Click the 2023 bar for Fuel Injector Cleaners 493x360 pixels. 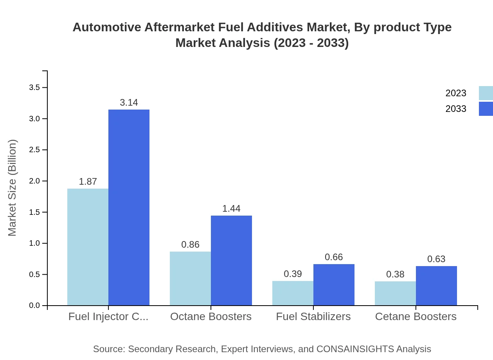coord(88,247)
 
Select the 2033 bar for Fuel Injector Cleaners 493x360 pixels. coord(129,207)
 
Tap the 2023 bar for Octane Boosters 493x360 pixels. coord(190,278)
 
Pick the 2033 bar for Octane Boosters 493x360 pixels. coord(231,260)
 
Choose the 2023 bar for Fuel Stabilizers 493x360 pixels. coord(293,293)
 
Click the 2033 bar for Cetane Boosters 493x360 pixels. coord(436,286)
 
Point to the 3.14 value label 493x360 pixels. coord(129,103)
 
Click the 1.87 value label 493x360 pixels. coord(88,182)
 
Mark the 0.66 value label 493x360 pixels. coord(334,257)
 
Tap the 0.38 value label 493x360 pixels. coord(395,274)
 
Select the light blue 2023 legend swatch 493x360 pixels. coord(486,93)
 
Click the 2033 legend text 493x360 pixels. coord(455,109)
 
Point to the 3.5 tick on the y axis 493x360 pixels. coord(34,87)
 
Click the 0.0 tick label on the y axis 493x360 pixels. coord(34,306)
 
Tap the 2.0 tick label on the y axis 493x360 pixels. coord(34,181)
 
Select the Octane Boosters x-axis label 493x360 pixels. coord(211,316)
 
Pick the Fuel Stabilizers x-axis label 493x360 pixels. coord(313,316)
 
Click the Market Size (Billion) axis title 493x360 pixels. coord(13,188)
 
